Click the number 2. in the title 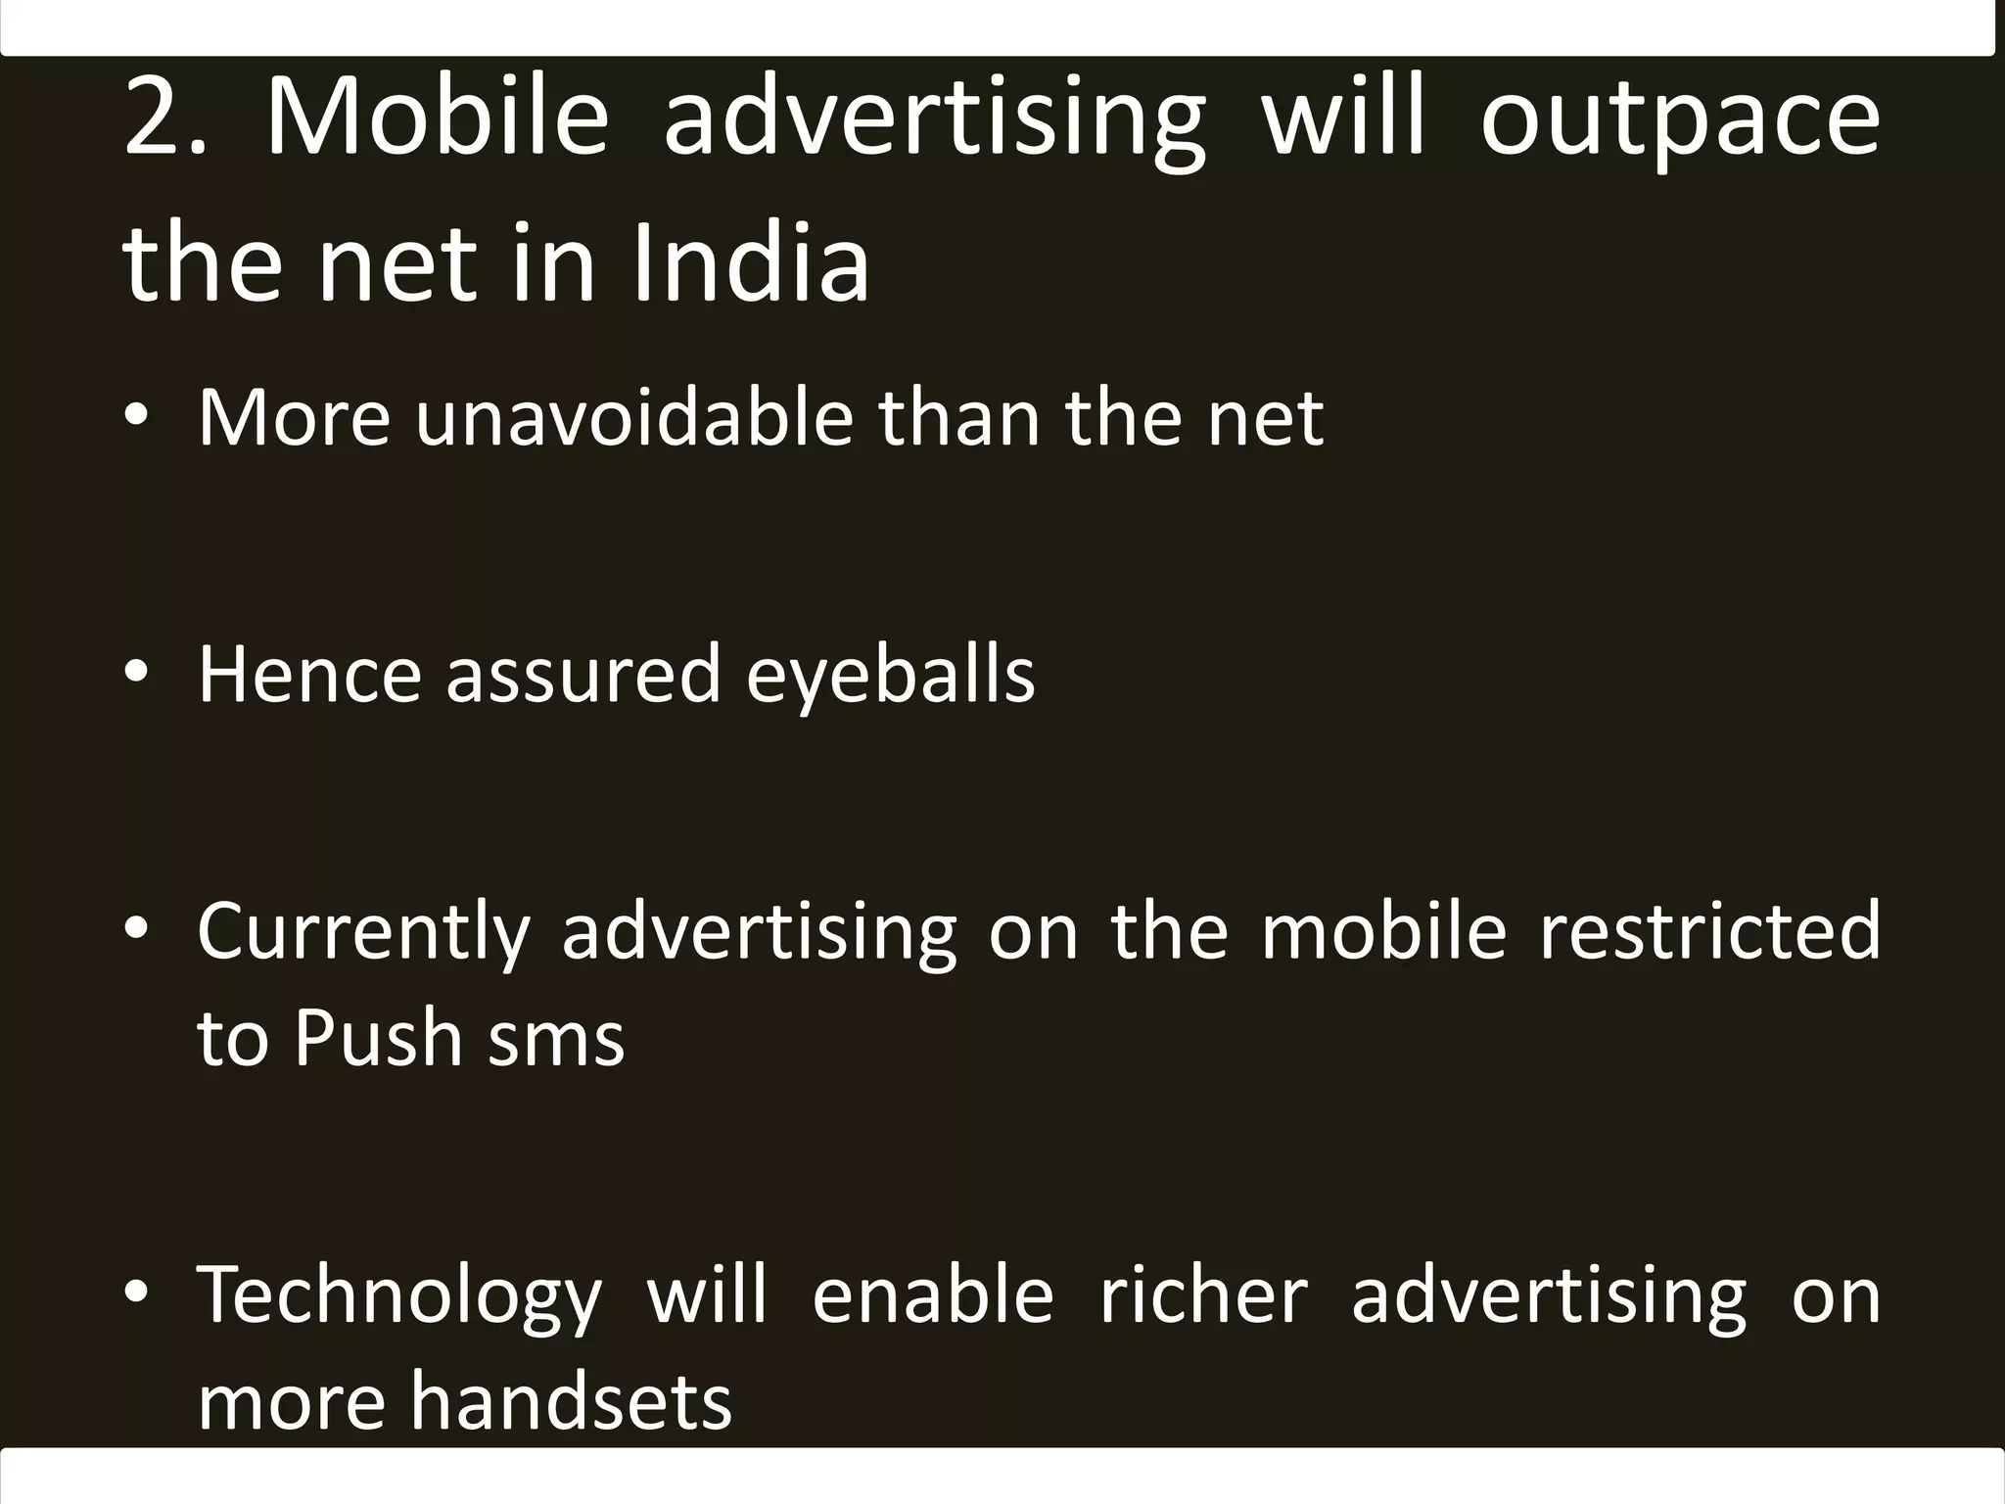click(164, 118)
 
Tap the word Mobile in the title click(438, 118)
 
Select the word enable click(932, 1294)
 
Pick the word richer click(1203, 1294)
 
